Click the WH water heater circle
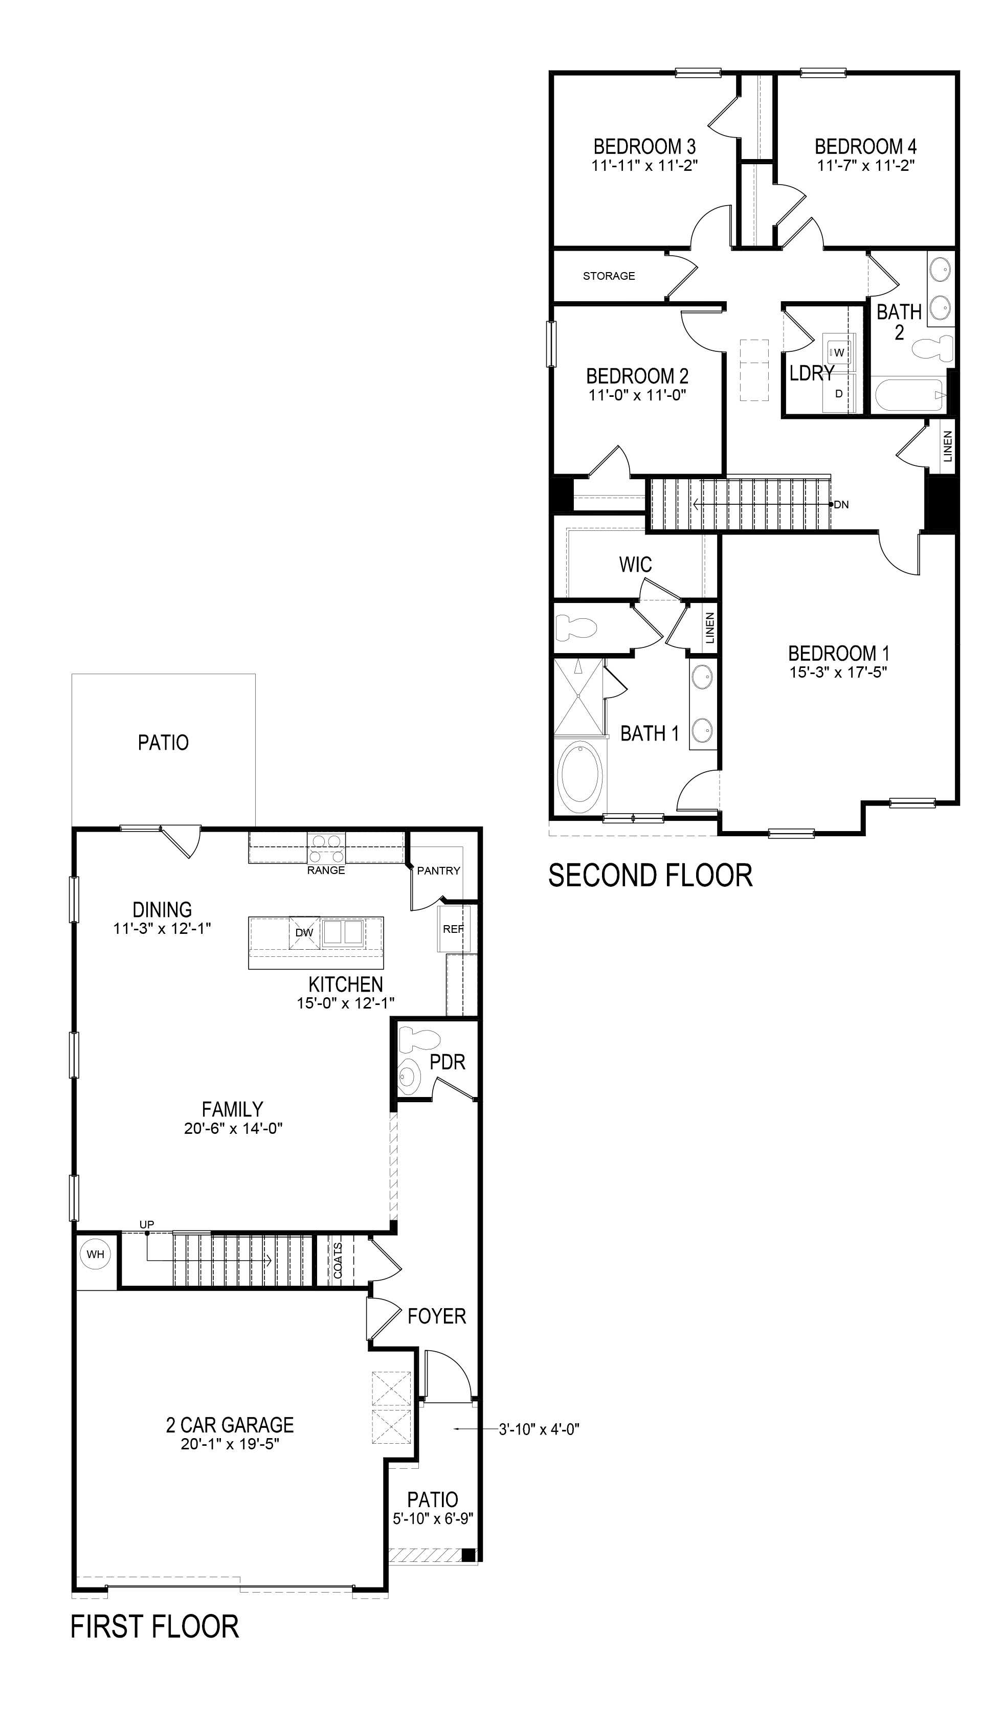click(x=96, y=1253)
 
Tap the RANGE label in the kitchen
click(x=326, y=870)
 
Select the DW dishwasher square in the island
click(x=304, y=932)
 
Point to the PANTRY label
click(x=439, y=870)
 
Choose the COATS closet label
click(x=338, y=1260)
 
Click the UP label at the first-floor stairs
click(x=146, y=1224)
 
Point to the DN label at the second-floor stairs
click(x=842, y=505)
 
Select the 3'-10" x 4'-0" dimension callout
click(x=539, y=1424)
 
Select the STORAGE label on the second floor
click(x=609, y=276)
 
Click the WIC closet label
click(x=635, y=565)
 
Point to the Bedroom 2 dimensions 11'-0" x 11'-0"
click(x=637, y=395)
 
